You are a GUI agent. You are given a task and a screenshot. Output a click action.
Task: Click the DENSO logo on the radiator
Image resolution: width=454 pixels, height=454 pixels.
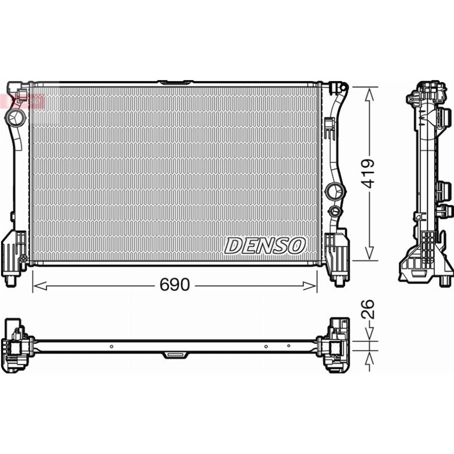265,245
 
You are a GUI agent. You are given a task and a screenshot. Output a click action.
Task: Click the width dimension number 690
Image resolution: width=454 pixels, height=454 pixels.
174,285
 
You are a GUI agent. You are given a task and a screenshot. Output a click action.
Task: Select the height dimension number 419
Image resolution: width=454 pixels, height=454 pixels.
369,173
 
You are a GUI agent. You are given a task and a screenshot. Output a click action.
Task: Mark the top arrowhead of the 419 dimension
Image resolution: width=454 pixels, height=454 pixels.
369,91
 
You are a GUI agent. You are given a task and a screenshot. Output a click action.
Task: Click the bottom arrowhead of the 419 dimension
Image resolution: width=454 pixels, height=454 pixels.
369,256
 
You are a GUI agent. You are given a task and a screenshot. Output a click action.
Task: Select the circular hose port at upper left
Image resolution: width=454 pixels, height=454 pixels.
15,117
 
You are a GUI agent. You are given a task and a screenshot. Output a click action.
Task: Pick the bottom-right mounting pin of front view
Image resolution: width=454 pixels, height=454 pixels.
338,279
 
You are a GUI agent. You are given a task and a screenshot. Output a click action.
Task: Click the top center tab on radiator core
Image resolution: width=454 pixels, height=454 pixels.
175,83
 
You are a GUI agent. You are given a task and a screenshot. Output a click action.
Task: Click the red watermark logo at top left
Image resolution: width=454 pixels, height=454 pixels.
23,100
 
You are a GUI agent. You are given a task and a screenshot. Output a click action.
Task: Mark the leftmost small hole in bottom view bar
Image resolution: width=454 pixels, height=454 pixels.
111,346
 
